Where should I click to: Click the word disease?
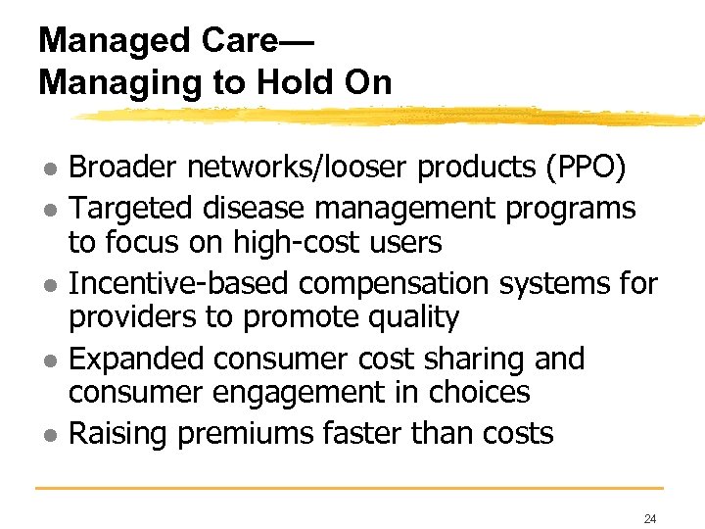point(252,209)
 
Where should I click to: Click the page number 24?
point(650,518)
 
